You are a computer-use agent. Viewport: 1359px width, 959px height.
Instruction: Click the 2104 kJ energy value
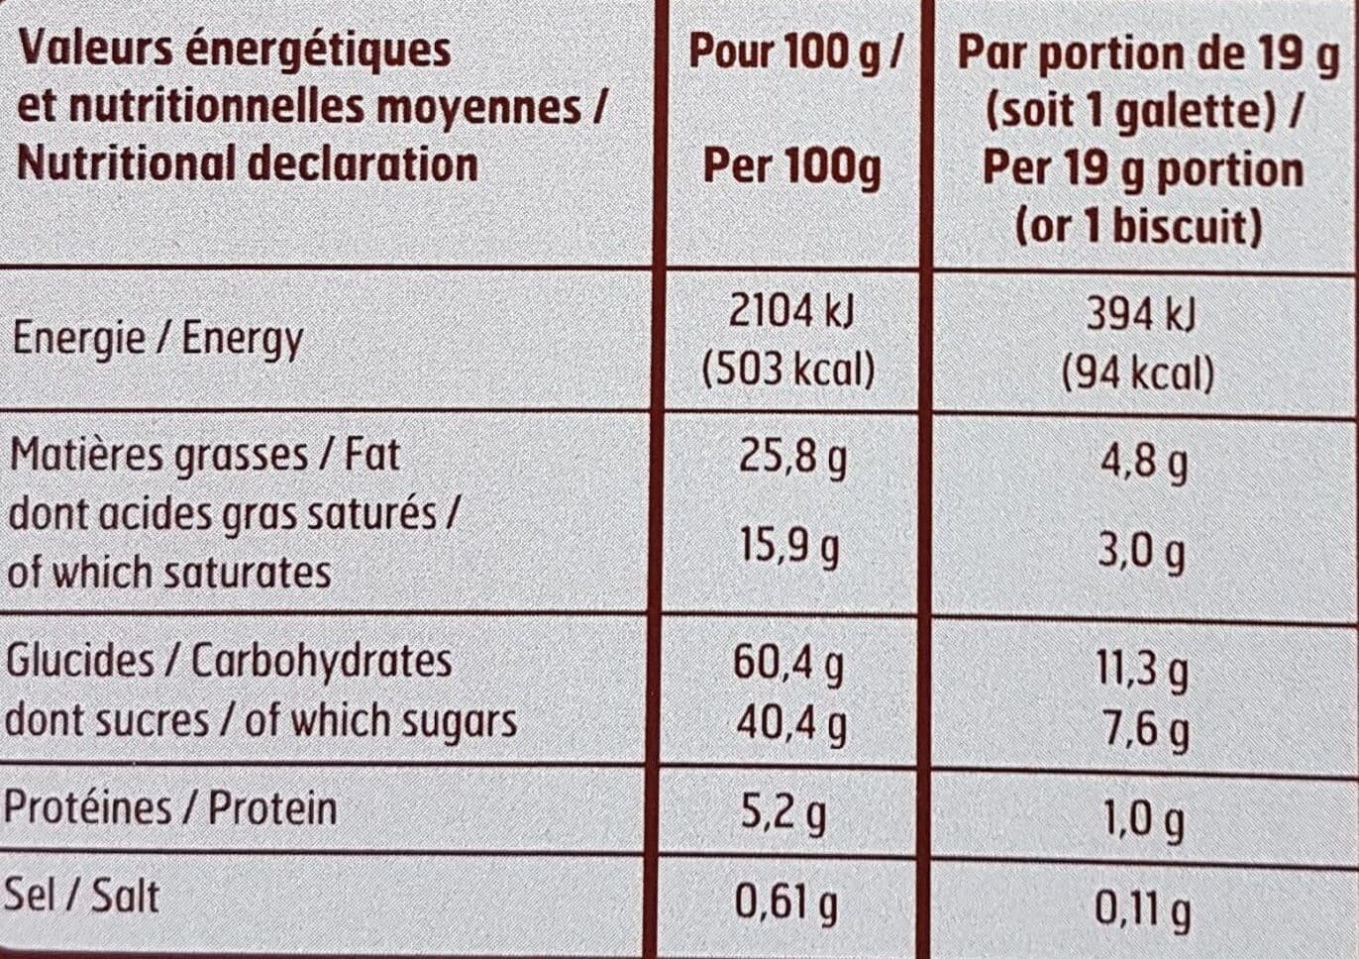[790, 314]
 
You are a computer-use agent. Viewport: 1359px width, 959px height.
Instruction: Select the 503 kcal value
[788, 369]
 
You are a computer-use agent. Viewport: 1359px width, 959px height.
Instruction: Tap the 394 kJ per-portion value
[1141, 316]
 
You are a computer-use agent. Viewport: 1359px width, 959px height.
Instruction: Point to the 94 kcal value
[1139, 373]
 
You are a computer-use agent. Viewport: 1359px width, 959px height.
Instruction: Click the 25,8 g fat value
[791, 459]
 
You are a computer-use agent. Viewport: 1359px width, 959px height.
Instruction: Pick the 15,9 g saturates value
[789, 549]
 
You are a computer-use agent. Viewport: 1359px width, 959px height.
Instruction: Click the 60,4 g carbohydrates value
[788, 666]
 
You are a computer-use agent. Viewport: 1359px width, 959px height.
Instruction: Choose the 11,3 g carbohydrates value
[1142, 673]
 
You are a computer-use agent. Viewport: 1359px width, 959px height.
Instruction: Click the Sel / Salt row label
[81, 896]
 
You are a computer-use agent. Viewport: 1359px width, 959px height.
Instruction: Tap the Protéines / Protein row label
[170, 808]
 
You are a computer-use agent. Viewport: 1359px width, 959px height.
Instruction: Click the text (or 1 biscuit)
[1139, 228]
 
